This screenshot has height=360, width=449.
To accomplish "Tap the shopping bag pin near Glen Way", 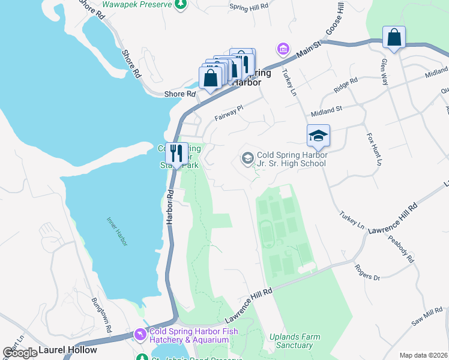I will [x=394, y=37].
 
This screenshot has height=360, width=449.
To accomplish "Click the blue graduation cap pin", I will [x=318, y=136].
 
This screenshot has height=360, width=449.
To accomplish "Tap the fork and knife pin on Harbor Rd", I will [x=176, y=153].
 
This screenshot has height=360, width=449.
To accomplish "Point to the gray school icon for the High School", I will [x=247, y=158].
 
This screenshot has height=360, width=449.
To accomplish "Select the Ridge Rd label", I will [x=346, y=85].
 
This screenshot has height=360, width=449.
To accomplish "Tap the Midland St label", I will [x=326, y=112].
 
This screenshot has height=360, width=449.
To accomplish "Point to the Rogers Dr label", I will [x=367, y=273].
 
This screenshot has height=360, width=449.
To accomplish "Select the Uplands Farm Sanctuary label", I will [x=291, y=340].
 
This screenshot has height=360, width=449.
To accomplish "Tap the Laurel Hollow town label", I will [x=67, y=350].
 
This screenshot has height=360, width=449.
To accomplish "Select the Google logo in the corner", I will [x=20, y=352].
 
